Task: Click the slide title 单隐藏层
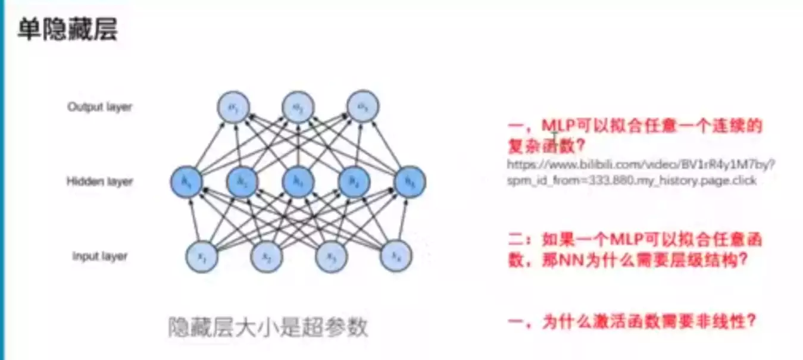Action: [x=67, y=29]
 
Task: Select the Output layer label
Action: [x=99, y=107]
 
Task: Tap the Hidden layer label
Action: [x=99, y=181]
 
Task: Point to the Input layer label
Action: [x=100, y=256]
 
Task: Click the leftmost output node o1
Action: [x=233, y=107]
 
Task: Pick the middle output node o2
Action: [x=298, y=107]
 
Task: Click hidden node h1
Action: [x=186, y=182]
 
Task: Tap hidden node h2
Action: [x=242, y=182]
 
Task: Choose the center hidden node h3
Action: [x=298, y=182]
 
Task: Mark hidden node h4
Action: [x=354, y=182]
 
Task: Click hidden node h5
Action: [x=410, y=182]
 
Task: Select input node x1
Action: [x=203, y=256]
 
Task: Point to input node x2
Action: [x=267, y=256]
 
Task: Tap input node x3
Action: [x=331, y=256]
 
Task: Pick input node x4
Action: [x=396, y=256]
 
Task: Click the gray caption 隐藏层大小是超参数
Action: [x=268, y=327]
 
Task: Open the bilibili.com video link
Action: [x=640, y=171]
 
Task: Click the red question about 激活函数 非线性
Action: [x=632, y=322]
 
